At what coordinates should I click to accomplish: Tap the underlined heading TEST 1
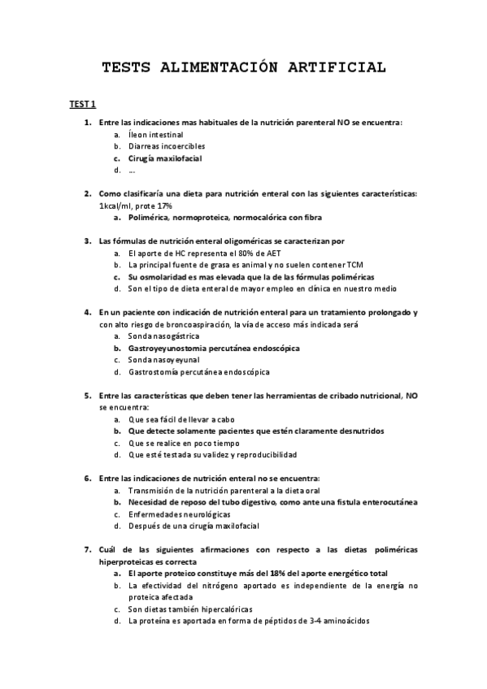coord(82,105)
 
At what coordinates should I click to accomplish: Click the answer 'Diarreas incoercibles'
coord(167,146)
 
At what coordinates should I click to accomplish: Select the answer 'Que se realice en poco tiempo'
coord(184,444)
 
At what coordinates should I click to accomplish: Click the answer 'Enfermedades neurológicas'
coord(179,514)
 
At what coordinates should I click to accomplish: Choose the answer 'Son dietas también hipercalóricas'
coord(190,609)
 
